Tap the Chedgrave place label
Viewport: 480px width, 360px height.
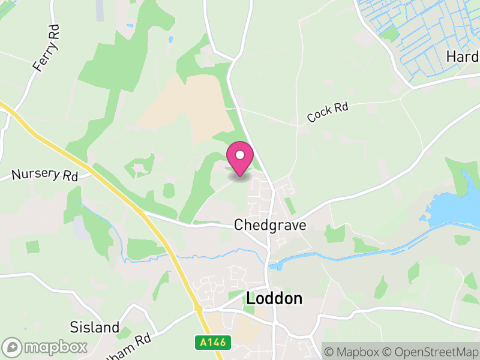click(x=270, y=225)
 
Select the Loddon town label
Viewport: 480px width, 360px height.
click(x=274, y=298)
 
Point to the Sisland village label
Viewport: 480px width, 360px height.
click(x=95, y=328)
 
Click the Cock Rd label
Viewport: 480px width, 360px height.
click(x=328, y=112)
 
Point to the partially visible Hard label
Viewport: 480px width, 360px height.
click(x=462, y=56)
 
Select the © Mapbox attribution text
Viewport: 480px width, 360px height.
click(x=356, y=351)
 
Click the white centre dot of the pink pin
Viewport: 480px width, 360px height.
click(x=240, y=154)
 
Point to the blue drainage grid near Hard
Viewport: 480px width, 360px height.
click(x=414, y=36)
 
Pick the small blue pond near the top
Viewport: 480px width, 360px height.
click(x=171, y=40)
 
